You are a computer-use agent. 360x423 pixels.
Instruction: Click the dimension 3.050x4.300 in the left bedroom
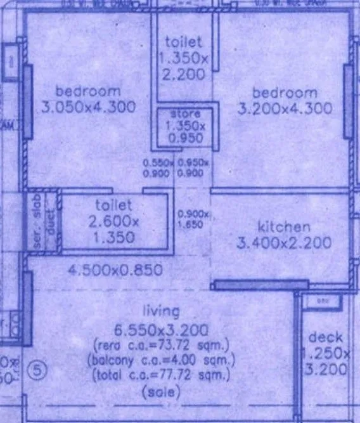88,107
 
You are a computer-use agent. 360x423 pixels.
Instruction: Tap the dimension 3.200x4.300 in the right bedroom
285,108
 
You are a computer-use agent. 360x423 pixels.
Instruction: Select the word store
186,114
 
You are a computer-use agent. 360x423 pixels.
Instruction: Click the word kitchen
283,227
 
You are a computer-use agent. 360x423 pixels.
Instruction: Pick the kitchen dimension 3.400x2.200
283,242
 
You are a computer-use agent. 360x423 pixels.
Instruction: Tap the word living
161,311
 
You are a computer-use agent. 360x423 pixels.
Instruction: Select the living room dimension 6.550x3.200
161,330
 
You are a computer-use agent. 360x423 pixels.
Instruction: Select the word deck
326,337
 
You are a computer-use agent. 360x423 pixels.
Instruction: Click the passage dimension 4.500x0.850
115,271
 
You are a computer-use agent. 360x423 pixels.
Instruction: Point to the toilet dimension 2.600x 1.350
114,229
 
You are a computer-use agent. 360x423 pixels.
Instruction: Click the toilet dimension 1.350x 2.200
184,66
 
